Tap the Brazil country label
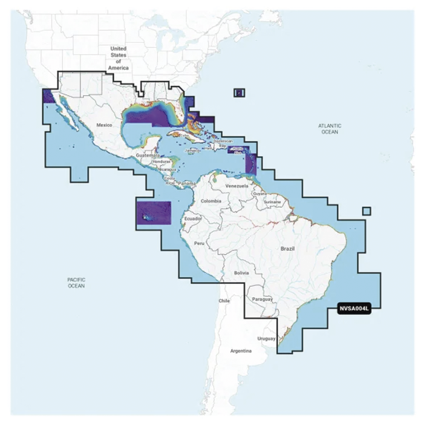click(x=287, y=249)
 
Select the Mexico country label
click(x=105, y=125)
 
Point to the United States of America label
click(x=118, y=58)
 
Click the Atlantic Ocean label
click(x=330, y=129)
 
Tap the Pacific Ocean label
click(x=76, y=283)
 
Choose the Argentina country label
click(x=241, y=351)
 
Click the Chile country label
click(x=224, y=300)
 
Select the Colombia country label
click(x=211, y=201)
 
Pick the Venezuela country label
click(x=237, y=186)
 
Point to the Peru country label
click(x=200, y=243)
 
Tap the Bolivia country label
click(x=241, y=273)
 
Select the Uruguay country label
click(x=266, y=338)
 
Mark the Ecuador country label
click(x=193, y=218)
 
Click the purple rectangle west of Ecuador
click(x=153, y=212)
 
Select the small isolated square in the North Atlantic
click(x=239, y=93)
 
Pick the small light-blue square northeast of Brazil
click(x=366, y=211)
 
